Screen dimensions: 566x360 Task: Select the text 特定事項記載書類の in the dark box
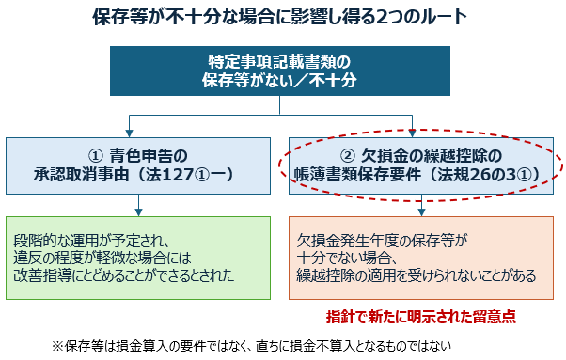[x=280, y=62]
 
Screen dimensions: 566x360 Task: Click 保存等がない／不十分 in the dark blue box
[x=280, y=80]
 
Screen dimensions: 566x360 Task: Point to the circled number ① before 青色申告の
[x=96, y=156]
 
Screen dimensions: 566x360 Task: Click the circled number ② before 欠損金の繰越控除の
[x=348, y=156]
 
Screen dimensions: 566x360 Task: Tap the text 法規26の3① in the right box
[x=484, y=175]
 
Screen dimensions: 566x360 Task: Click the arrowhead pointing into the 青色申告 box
[x=129, y=133]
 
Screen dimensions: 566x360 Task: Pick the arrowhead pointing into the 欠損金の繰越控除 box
[x=412, y=133]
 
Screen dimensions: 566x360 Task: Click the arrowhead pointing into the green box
[x=138, y=212]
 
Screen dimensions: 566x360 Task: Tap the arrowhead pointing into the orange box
[x=421, y=212]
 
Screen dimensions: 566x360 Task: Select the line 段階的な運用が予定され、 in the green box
[x=91, y=241]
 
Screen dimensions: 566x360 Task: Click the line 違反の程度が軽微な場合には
[x=102, y=258]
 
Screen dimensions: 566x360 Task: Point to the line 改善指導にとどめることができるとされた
[x=124, y=275]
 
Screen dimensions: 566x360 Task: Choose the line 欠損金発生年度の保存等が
[x=382, y=241]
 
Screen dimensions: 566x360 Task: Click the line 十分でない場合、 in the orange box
[x=347, y=258]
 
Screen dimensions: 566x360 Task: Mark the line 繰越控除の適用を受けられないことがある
[x=417, y=275]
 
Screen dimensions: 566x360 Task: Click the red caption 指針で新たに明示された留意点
[x=421, y=317]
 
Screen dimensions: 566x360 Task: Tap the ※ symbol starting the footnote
[x=57, y=346]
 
